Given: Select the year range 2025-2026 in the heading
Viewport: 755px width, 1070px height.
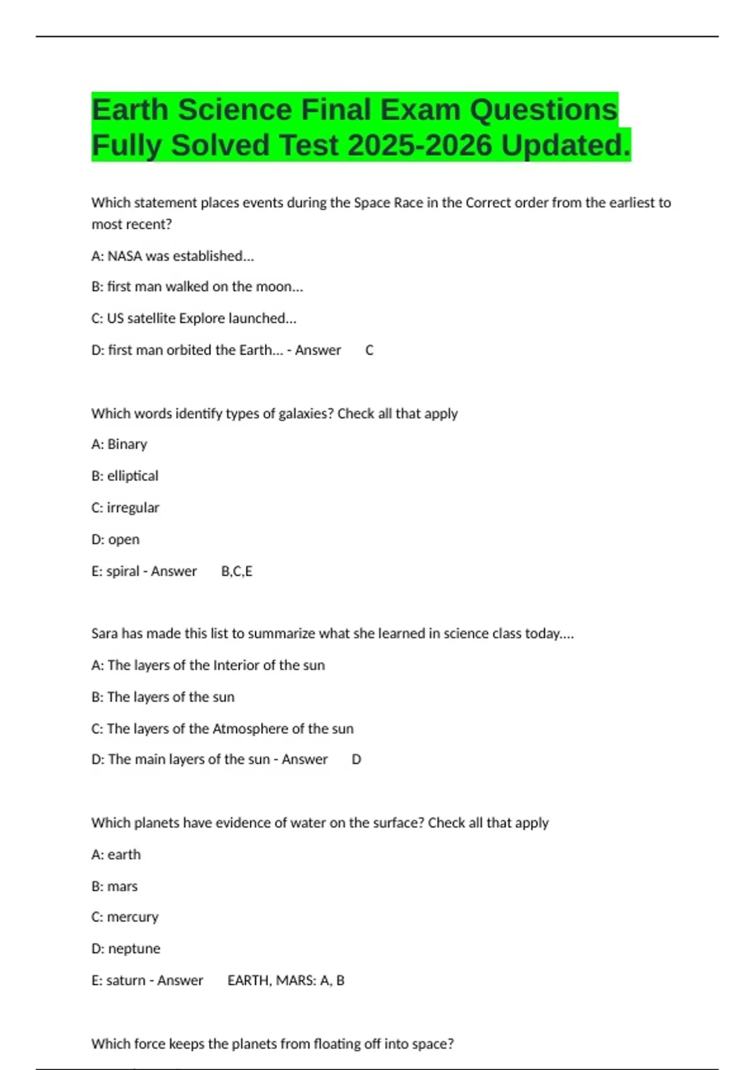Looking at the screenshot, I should click(419, 145).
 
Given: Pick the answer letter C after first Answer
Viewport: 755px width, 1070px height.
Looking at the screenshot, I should click(369, 351).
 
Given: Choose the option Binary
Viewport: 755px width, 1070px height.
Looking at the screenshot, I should click(127, 445).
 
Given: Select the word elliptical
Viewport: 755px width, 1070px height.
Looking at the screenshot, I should click(133, 476).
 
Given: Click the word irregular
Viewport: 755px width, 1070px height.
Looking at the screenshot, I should click(133, 508).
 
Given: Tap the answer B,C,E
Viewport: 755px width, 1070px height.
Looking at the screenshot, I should click(237, 572).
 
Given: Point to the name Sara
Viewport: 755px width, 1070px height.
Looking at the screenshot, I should click(104, 634).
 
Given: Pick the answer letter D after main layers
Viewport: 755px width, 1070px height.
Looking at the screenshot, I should click(356, 760).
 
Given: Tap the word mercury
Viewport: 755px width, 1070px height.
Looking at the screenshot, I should click(133, 917).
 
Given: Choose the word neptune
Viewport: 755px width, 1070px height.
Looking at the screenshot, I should click(134, 949).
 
